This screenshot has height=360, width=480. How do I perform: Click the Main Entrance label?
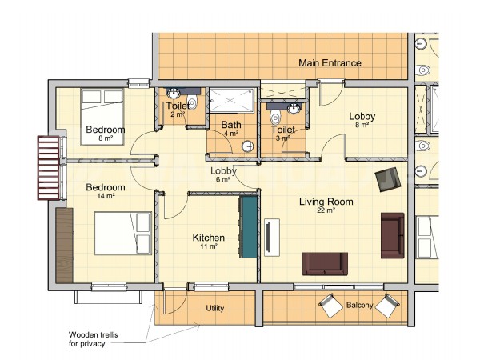pyautogui.click(x=330, y=63)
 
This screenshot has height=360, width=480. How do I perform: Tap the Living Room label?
pyautogui.click(x=326, y=202)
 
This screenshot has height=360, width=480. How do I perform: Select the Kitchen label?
pyautogui.click(x=209, y=238)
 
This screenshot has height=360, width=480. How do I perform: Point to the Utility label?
pyautogui.click(x=214, y=308)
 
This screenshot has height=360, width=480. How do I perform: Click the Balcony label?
pyautogui.click(x=359, y=305)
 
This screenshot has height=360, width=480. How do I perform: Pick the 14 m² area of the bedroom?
pyautogui.click(x=106, y=196)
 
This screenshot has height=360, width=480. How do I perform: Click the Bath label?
pyautogui.click(x=231, y=125)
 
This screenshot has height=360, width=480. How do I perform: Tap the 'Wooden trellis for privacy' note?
pyautogui.click(x=93, y=339)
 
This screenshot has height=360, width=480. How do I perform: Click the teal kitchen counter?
pyautogui.click(x=248, y=226)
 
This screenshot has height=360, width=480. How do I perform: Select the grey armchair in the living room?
pyautogui.click(x=388, y=179)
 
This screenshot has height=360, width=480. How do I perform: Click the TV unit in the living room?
pyautogui.click(x=272, y=238)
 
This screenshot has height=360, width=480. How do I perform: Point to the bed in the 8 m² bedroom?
pyautogui.click(x=102, y=117)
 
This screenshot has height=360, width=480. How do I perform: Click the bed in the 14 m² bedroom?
pyautogui.click(x=123, y=233)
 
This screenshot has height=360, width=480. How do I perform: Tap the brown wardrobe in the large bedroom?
pyautogui.click(x=65, y=246)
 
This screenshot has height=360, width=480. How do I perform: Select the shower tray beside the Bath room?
pyautogui.click(x=232, y=101)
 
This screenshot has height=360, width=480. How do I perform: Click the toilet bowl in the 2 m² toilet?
pyautogui.click(x=192, y=102)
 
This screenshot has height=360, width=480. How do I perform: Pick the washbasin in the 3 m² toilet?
pyautogui.click(x=294, y=108)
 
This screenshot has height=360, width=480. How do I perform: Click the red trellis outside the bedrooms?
pyautogui.click(x=48, y=168)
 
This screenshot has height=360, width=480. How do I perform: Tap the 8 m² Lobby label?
pyautogui.click(x=362, y=120)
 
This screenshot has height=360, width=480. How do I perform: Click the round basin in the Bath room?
pyautogui.click(x=248, y=146)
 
